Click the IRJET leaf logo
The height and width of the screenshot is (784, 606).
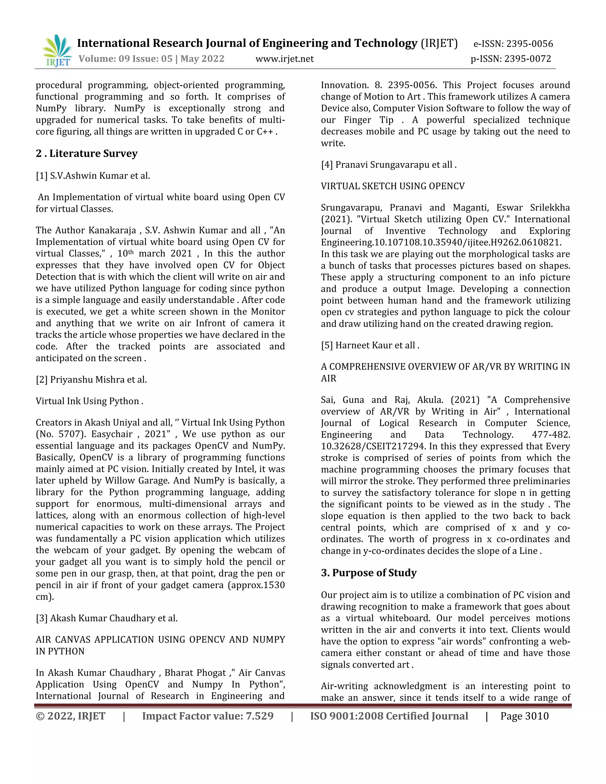pyautogui.click(x=57, y=50)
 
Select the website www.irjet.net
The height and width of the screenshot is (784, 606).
pyautogui.click(x=284, y=59)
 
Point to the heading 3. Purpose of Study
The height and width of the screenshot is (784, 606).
pyautogui.click(x=369, y=572)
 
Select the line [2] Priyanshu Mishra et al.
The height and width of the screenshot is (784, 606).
pyautogui.click(x=91, y=380)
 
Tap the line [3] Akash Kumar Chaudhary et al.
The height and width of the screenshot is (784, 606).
pyautogui.click(x=107, y=618)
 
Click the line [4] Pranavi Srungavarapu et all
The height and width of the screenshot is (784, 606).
pyautogui.click(x=389, y=165)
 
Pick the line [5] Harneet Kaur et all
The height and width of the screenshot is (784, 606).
pyautogui.click(x=370, y=345)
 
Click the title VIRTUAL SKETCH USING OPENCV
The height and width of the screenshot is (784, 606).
pyautogui.click(x=392, y=186)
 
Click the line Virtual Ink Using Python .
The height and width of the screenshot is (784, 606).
pyautogui.click(x=89, y=401)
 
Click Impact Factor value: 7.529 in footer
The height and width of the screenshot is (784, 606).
pyautogui.click(x=207, y=716)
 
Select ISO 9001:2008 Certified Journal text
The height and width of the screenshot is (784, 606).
pyautogui.click(x=389, y=716)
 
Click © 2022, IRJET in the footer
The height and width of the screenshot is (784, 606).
pyautogui.click(x=70, y=716)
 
